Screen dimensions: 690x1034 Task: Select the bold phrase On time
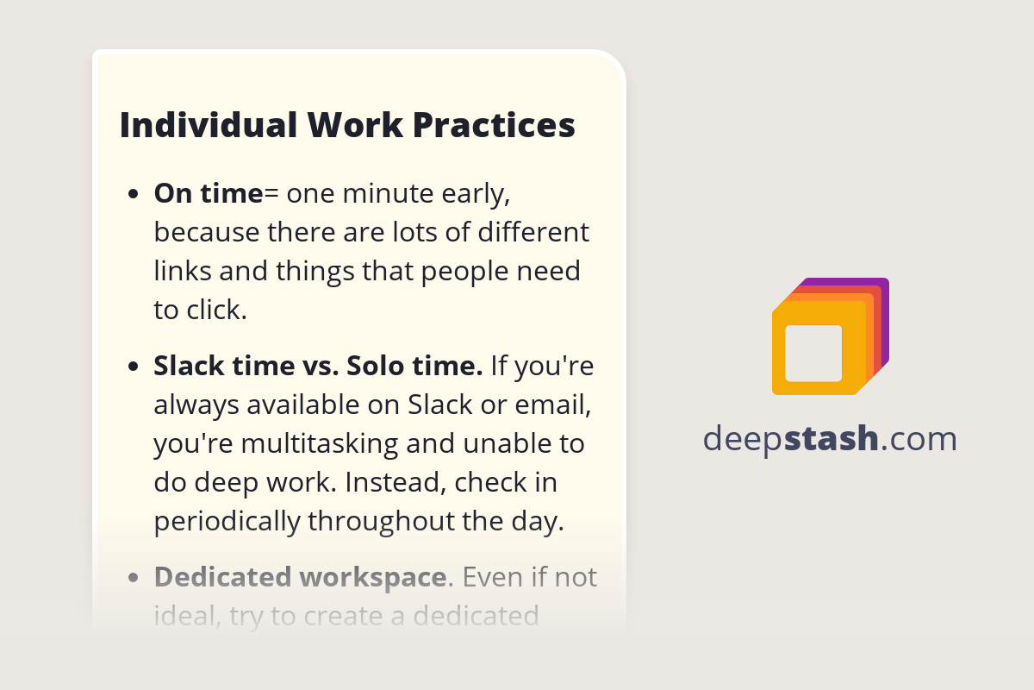[x=209, y=194]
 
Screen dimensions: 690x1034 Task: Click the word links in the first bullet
[x=184, y=271]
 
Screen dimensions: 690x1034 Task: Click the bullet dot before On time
[x=133, y=195]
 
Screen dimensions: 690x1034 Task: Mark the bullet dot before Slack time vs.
[x=133, y=367]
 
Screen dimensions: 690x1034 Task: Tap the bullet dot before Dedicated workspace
[x=133, y=578]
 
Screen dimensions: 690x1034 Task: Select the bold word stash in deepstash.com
[x=832, y=439]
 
